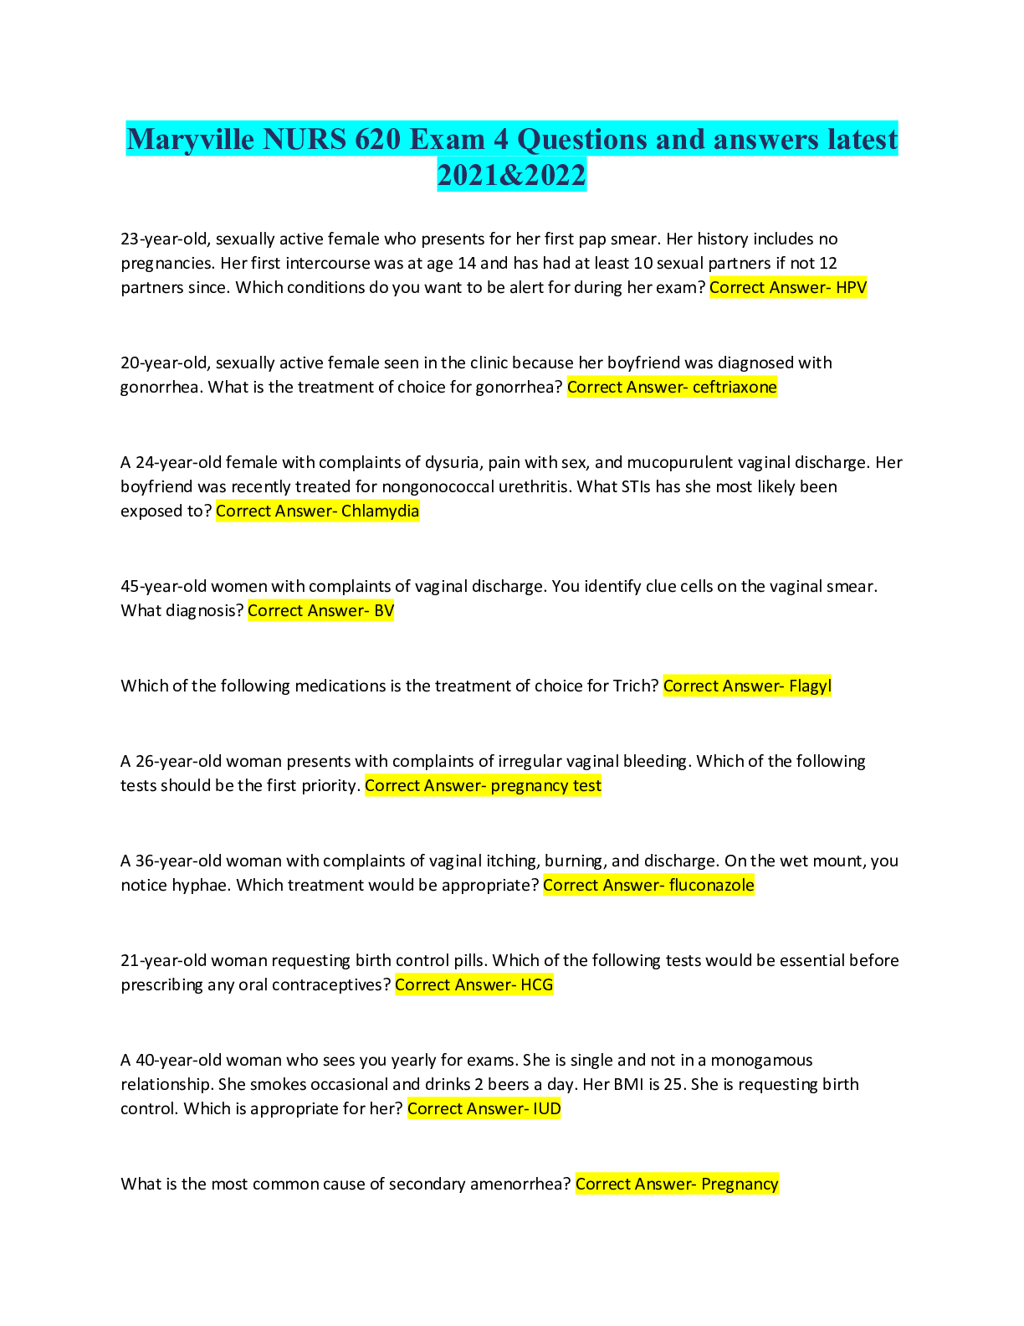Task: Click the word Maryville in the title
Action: [x=190, y=139]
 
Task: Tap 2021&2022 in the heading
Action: [x=512, y=175]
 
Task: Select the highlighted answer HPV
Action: [x=851, y=287]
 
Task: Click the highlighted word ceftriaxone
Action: [x=735, y=387]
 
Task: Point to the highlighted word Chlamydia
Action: [x=380, y=511]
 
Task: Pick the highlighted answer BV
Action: [x=384, y=610]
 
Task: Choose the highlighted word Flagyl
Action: [x=810, y=686]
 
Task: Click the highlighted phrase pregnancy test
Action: [x=545, y=785]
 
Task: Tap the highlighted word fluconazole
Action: [x=711, y=885]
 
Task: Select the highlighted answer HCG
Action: [x=537, y=984]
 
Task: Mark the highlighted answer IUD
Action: [x=546, y=1108]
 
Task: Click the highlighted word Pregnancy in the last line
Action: [x=740, y=1184]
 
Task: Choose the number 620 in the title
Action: [x=378, y=139]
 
